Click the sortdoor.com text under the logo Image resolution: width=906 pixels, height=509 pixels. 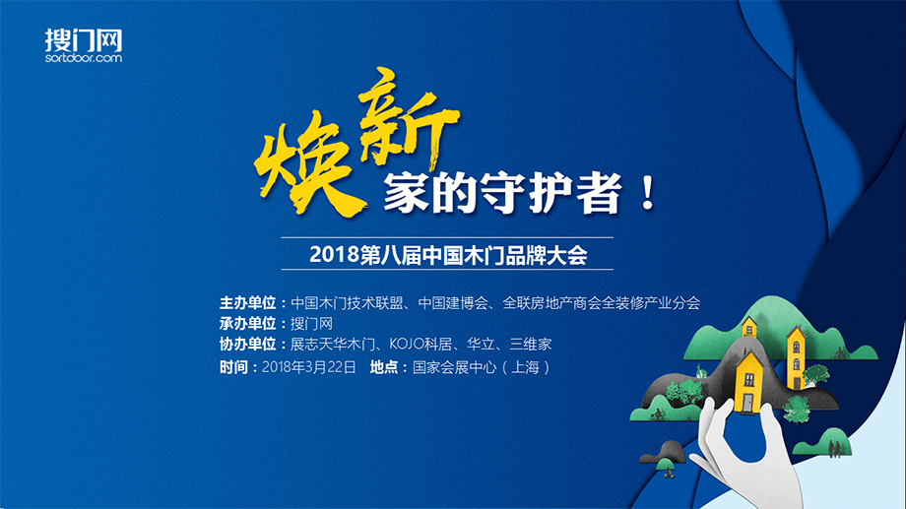coord(84,58)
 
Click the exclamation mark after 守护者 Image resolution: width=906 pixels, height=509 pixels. coord(648,193)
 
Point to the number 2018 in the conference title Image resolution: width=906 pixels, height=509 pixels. coord(334,254)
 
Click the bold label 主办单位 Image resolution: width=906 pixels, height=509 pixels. coord(247,303)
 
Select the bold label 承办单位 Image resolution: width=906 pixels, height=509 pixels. coord(247,323)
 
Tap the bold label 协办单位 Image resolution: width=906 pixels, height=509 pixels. coord(247,344)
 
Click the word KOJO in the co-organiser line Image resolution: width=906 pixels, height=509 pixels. coord(406,344)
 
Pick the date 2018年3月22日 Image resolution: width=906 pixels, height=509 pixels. coord(309,367)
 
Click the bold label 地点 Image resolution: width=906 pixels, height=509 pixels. coord(384,367)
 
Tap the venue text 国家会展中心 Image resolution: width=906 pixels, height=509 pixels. coord(454,367)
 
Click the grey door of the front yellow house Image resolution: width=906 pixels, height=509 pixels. coord(748,402)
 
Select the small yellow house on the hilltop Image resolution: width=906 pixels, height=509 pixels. coord(748,327)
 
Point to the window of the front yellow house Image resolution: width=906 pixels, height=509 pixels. coord(749,380)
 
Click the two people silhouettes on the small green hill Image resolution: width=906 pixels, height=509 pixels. coord(834,448)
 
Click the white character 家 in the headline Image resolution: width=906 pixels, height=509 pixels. coord(406,193)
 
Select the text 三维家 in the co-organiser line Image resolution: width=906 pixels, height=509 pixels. coord(531,344)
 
